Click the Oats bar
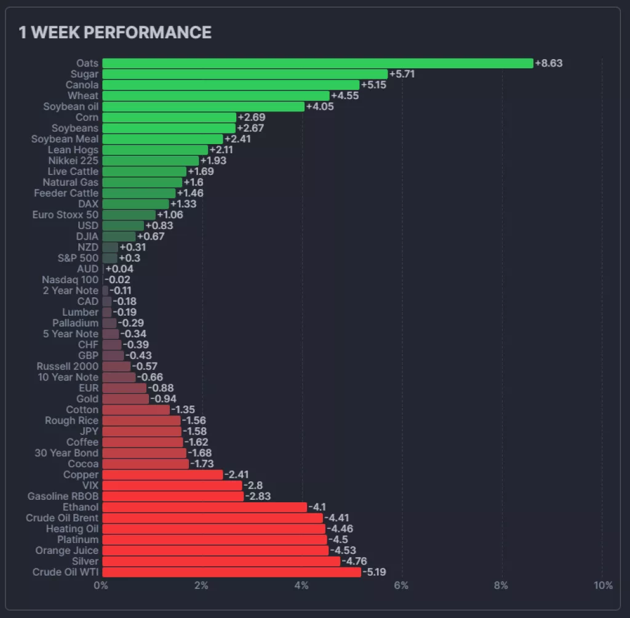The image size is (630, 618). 317,63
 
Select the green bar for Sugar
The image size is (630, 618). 245,74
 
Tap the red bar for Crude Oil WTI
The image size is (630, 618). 231,572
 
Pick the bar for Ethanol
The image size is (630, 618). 204,507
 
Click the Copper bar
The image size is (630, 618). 162,475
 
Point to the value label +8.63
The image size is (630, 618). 549,63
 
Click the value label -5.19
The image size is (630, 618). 376,572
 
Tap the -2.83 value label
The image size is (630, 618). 258,496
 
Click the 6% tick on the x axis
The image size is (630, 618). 401,585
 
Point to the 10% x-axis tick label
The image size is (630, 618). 603,585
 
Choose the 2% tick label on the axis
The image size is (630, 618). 201,585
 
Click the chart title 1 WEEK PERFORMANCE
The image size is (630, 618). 115,33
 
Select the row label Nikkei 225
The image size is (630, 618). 73,161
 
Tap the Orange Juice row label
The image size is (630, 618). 66,550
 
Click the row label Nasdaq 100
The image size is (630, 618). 70,280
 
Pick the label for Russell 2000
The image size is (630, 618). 67,366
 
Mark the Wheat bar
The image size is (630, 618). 215,96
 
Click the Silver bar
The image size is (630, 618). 221,561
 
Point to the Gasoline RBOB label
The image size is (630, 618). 63,496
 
